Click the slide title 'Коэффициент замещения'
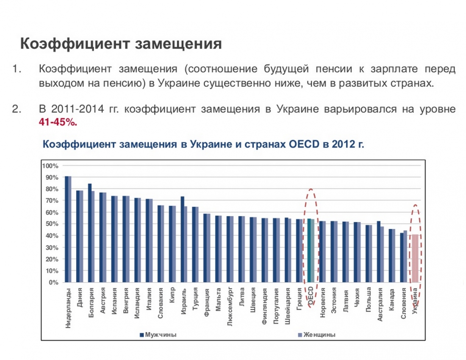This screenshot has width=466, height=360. point(121,44)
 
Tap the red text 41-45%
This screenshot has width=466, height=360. point(58,122)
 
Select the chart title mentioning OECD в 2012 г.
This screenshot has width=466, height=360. point(203,144)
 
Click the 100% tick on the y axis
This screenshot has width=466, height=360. point(50,165)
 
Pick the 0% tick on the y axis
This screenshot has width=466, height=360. point(53,282)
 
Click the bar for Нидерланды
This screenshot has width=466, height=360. point(68,229)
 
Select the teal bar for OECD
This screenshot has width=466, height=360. point(311,250)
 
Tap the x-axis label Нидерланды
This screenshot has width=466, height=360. point(68,308)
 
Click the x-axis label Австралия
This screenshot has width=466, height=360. point(380,305)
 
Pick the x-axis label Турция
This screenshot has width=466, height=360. point(195,300)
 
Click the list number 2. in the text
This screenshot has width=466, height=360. point(17,109)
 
